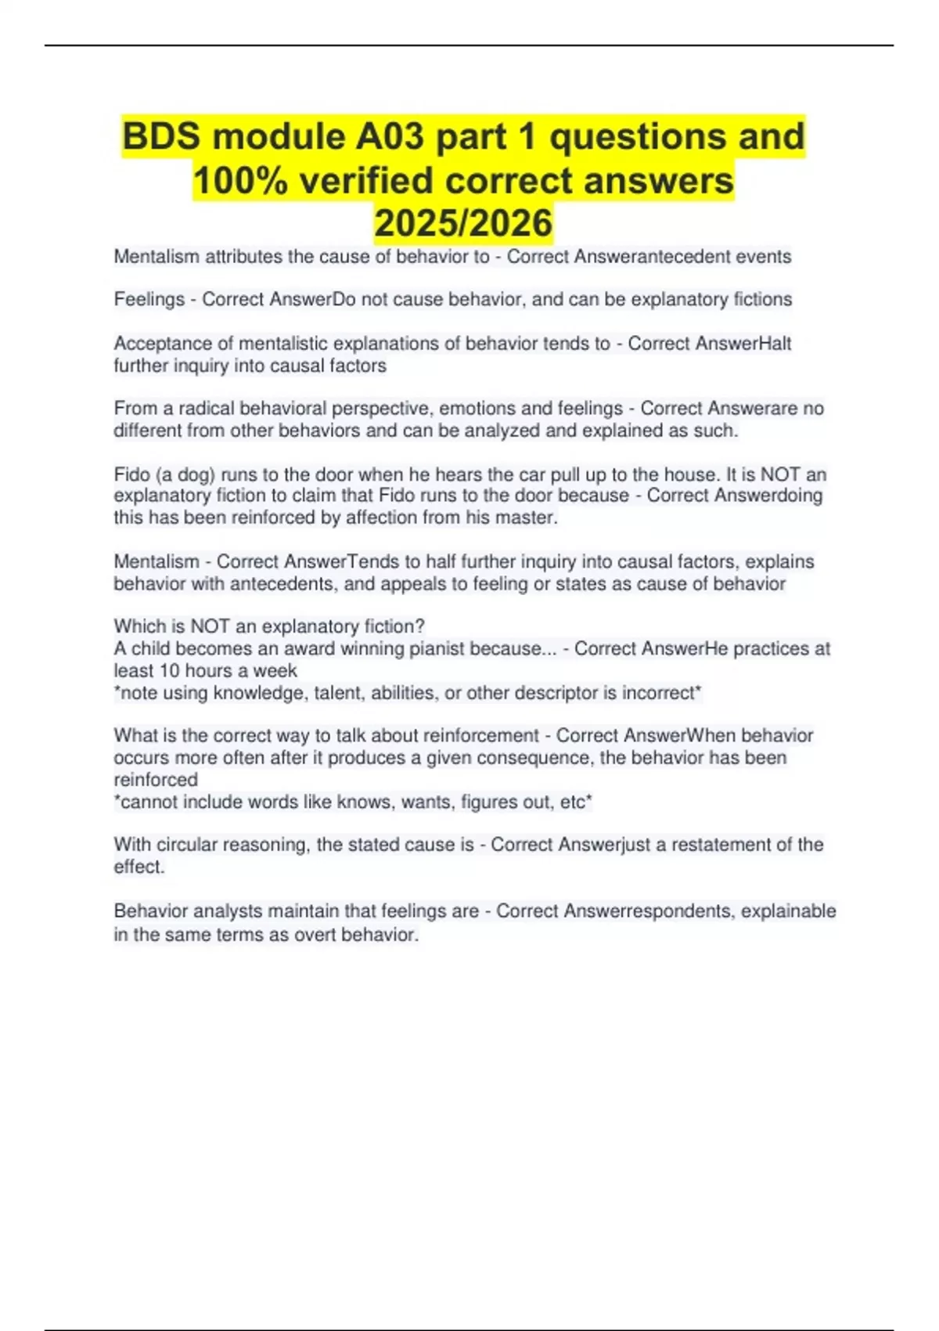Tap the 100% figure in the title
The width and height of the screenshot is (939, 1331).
[240, 181]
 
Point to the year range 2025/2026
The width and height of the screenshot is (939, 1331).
[463, 223]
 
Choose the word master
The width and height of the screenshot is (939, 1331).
[531, 518]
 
